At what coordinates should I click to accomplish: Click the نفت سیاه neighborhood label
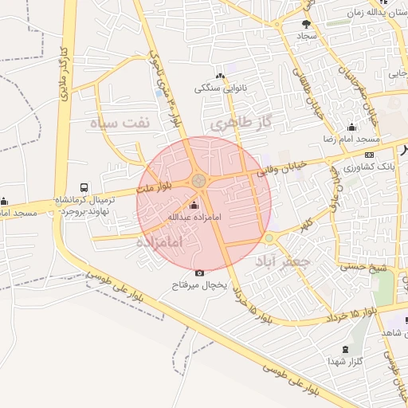120,124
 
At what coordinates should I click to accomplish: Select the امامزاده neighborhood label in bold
159,241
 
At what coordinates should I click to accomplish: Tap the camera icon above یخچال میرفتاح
199,274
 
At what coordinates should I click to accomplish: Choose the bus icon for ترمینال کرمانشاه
85,186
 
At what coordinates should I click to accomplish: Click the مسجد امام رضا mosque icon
351,127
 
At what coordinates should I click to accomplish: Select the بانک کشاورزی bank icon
368,155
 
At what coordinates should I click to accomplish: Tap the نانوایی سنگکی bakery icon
220,77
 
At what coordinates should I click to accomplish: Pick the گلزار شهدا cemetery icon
345,349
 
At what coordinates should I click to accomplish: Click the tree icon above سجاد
307,25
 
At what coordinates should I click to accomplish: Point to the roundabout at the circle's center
198,182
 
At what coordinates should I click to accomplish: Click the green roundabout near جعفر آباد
269,238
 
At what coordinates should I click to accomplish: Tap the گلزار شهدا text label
345,361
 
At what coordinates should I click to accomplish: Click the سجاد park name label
308,37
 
